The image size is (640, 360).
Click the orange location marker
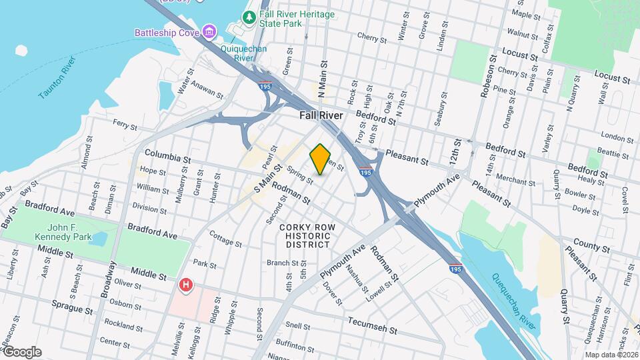pos(321,159)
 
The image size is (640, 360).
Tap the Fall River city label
pos(321,115)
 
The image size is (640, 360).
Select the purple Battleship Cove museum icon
pos(209,32)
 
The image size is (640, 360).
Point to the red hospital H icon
pos(186,285)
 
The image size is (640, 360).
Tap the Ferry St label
pos(125,125)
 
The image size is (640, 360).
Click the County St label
pos(587,246)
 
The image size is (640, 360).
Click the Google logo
pos(21,352)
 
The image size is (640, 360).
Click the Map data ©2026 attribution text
pos(611,355)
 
